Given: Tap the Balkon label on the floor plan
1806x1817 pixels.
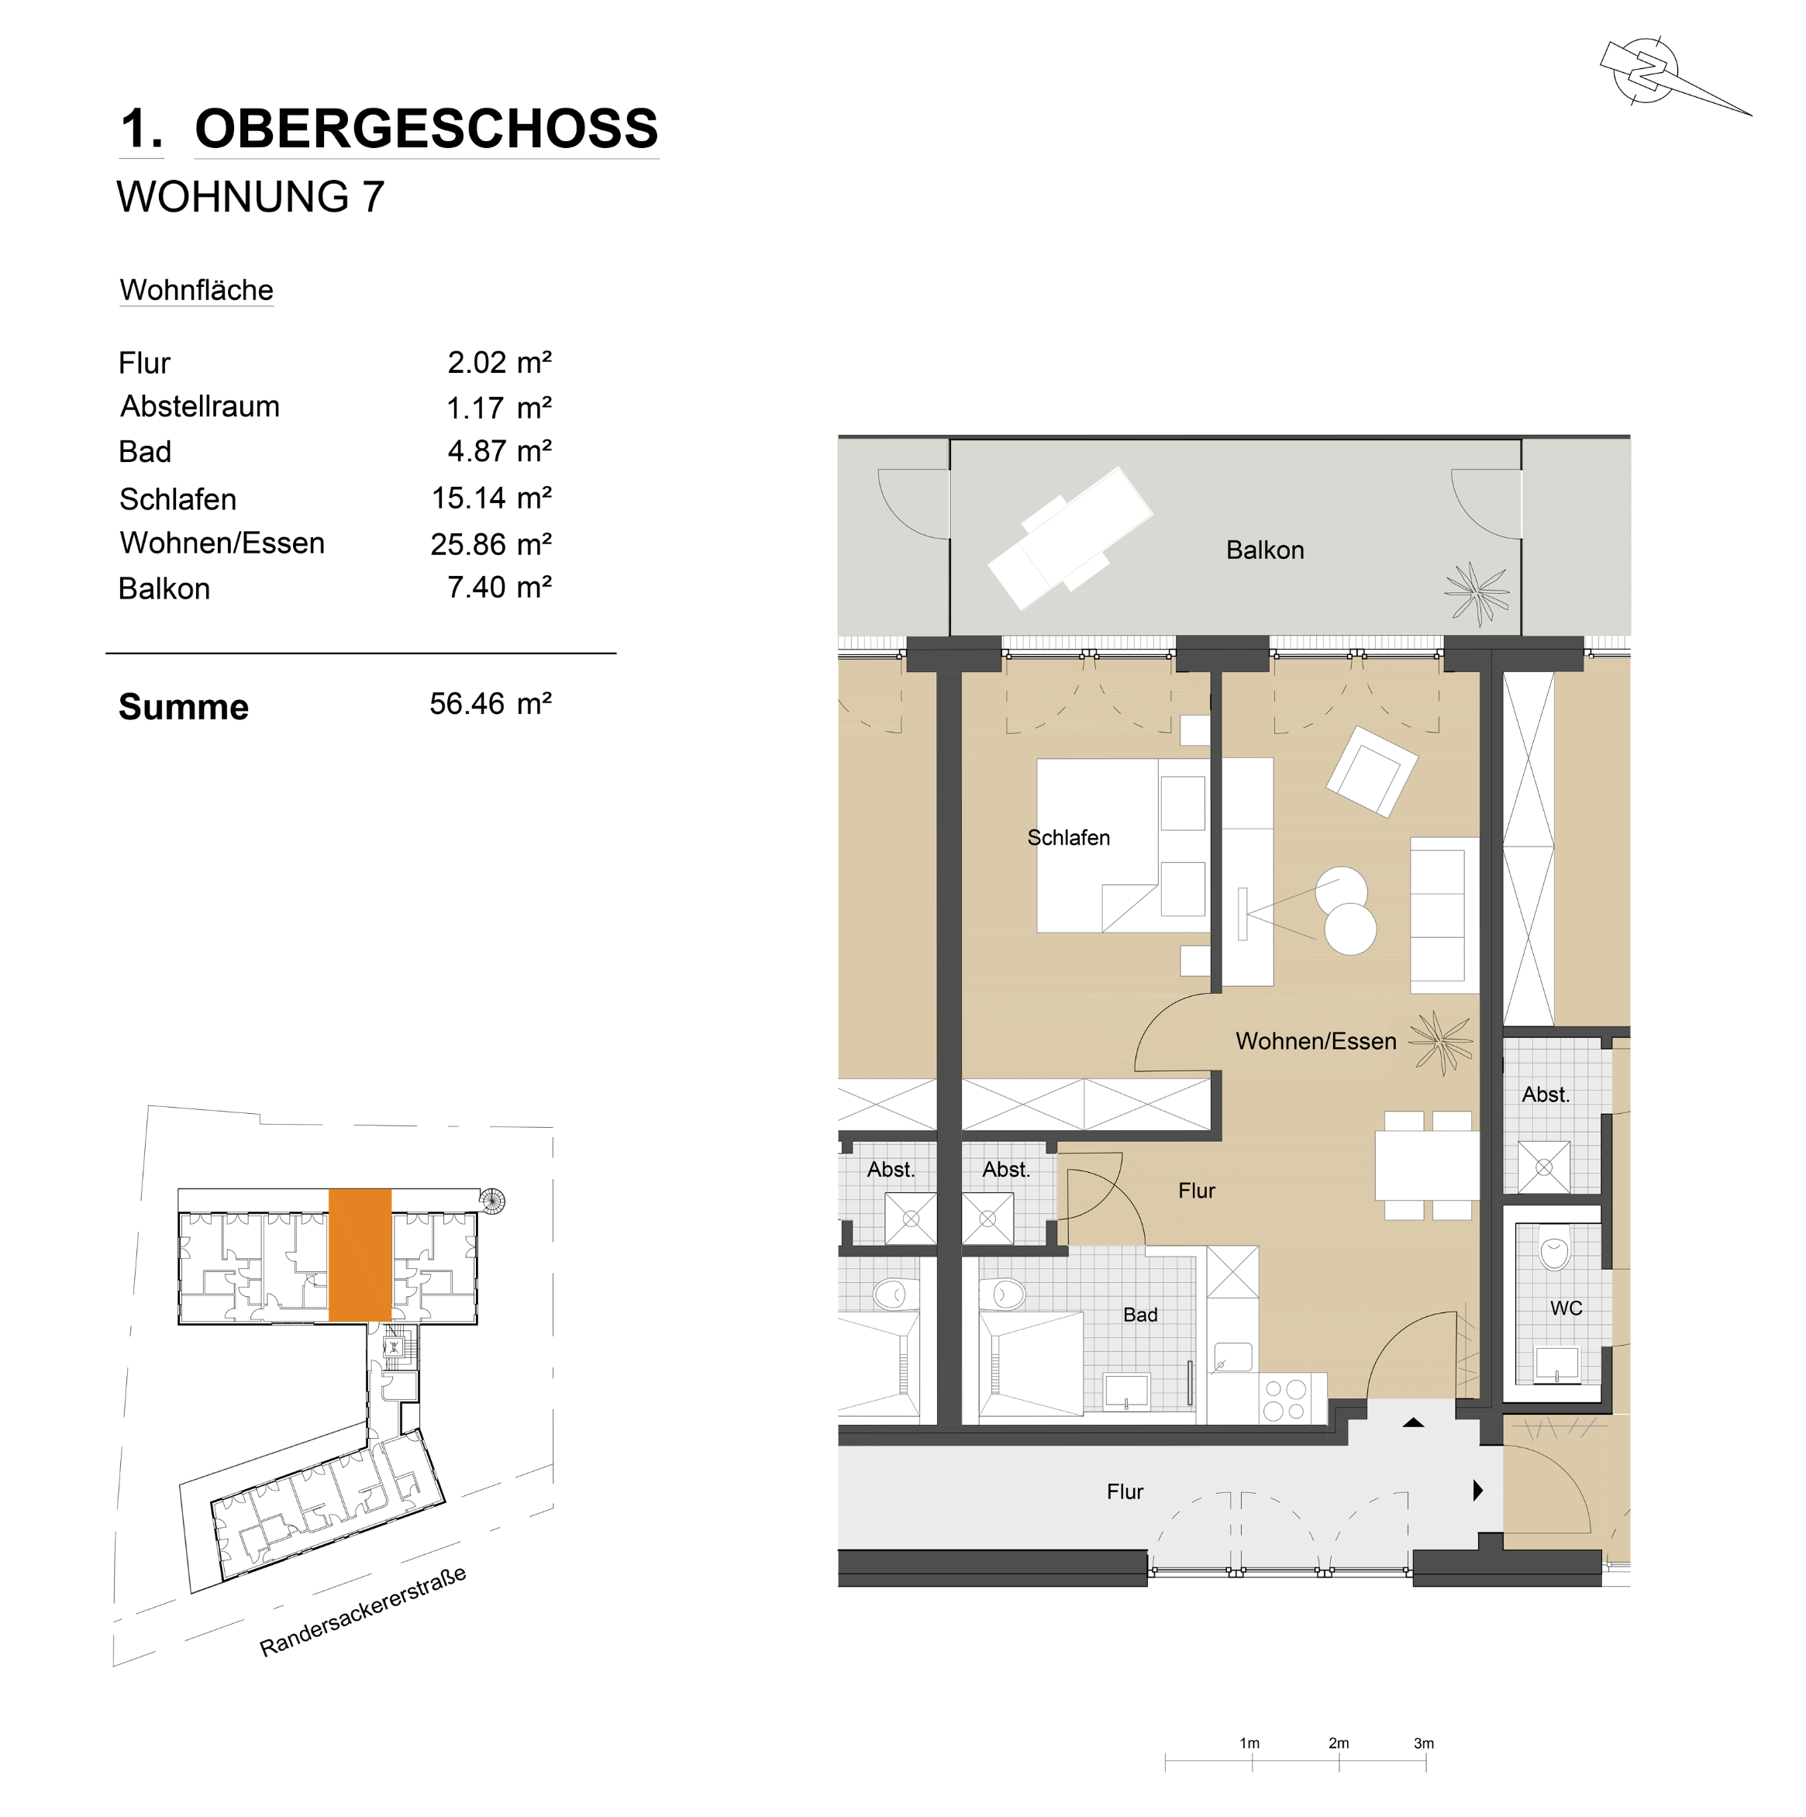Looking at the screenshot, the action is pos(1265,550).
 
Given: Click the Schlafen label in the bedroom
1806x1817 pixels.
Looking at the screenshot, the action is pos(1069,838).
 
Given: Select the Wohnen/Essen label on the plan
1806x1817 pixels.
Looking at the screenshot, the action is pos(1316,1041).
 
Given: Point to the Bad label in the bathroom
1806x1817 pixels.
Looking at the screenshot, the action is pos(1140,1315).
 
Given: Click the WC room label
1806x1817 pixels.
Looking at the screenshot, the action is pos(1566,1308).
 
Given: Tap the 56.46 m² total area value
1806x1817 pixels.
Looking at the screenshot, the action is pos(490,704).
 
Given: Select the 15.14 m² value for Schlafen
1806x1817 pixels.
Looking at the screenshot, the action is pos(491,498).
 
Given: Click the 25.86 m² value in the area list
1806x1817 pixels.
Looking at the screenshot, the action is pos(491,543).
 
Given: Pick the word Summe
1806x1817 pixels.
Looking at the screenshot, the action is pos(184,707).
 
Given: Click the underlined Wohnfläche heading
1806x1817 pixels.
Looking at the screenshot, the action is pos(197,291).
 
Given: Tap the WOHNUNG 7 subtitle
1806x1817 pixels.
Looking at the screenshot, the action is pos(250,197).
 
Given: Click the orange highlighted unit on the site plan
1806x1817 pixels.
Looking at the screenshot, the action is pos(360,1254).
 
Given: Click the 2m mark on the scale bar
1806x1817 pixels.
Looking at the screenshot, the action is pos(1339,1743).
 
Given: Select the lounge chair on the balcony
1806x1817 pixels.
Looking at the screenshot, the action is pos(1070,537).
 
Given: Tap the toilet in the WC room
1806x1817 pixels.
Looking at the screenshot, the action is pos(1555,1248).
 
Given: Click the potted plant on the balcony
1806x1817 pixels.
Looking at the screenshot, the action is pos(1477,592).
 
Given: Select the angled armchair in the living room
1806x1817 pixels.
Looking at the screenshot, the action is pos(1371,771).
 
